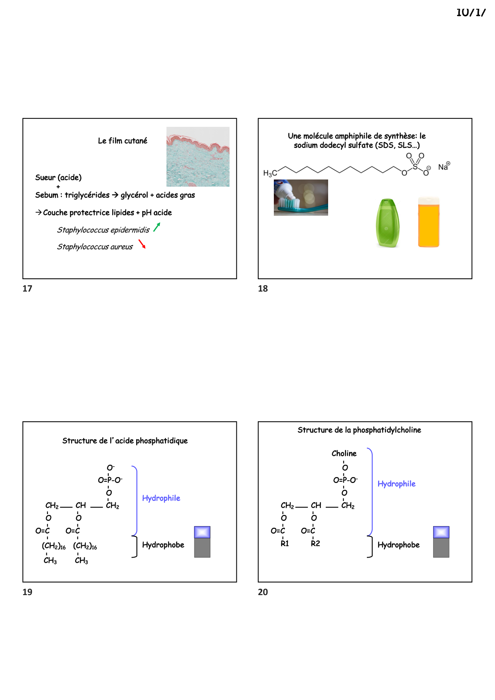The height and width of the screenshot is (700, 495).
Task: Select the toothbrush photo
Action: coord(301,197)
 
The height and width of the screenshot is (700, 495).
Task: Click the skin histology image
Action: coord(198,157)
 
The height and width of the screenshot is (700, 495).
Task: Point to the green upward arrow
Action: coord(157,227)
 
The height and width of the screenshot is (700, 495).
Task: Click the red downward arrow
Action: coord(142,244)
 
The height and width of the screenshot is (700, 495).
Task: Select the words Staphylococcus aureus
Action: coord(95,247)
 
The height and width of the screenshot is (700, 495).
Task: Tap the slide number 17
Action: coord(27,288)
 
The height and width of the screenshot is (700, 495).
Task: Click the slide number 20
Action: coord(263,592)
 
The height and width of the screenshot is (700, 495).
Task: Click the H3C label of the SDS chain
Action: coord(270,173)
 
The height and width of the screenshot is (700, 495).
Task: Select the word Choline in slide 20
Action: coord(344,454)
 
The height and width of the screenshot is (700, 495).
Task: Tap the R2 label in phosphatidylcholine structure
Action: coord(315,543)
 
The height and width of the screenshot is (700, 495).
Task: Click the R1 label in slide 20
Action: coord(285,543)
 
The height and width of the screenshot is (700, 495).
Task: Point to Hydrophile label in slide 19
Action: coord(161,498)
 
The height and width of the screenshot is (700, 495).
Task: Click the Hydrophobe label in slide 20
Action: coord(398,545)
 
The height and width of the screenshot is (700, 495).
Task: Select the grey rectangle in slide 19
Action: coord(202,548)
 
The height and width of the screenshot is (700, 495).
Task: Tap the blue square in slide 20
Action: coord(441,532)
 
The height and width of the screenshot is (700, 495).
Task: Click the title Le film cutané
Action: coord(123,141)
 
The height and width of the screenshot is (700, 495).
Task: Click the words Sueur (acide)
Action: coord(58,177)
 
